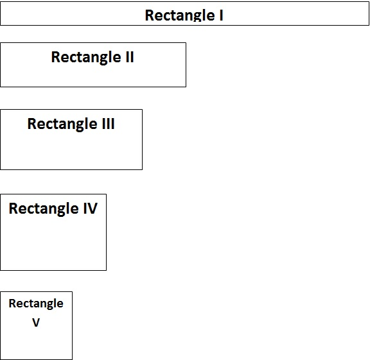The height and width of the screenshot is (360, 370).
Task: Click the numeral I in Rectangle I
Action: (x=221, y=15)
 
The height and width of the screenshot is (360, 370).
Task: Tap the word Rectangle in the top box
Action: (x=180, y=16)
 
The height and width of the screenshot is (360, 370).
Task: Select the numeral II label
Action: (x=130, y=57)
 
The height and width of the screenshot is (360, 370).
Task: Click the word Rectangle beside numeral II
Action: (x=86, y=58)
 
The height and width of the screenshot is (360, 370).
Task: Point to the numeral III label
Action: (x=109, y=124)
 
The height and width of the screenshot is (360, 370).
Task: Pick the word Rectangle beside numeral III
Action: (x=62, y=124)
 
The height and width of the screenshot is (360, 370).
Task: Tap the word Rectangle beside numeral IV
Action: (x=44, y=209)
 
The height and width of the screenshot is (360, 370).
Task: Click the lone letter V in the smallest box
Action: (x=36, y=323)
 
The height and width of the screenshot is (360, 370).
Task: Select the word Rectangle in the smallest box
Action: (x=36, y=304)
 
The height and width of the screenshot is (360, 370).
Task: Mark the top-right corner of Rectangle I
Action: (x=369, y=2)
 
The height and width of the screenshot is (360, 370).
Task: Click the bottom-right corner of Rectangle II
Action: (x=186, y=87)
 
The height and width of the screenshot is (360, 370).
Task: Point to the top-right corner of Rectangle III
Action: (x=143, y=110)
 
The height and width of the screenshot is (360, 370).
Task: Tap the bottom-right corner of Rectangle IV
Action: (x=106, y=270)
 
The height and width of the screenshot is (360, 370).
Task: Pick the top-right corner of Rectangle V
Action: (x=72, y=292)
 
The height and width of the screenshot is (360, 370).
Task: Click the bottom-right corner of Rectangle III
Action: (x=143, y=169)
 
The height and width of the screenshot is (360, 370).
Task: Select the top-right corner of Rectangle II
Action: (x=186, y=43)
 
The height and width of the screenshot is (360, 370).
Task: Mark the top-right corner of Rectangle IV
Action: (x=106, y=194)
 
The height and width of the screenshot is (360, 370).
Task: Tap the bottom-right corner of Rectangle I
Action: (x=369, y=25)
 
